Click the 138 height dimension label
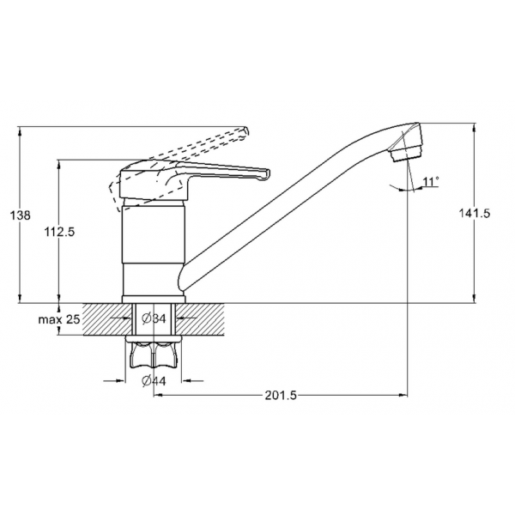[x=21, y=215]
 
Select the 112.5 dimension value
[x=59, y=232]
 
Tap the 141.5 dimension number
[x=475, y=213]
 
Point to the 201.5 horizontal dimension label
[x=281, y=395]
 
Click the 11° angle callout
[x=431, y=182]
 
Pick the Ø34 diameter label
[x=154, y=318]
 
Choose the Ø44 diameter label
[x=154, y=380]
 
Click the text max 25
[x=59, y=319]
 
